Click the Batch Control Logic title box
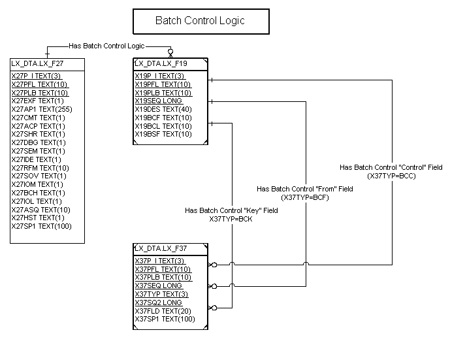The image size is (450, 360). [x=200, y=21]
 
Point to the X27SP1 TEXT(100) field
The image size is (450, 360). [x=42, y=226]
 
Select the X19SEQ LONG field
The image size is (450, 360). [x=159, y=101]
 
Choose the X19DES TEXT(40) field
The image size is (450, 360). [x=163, y=109]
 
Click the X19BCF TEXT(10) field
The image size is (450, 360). [x=163, y=118]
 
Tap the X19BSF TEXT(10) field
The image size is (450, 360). [x=163, y=134]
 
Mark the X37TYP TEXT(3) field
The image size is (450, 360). [x=160, y=294]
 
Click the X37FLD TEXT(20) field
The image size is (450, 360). [x=163, y=310]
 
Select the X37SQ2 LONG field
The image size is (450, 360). [x=159, y=303]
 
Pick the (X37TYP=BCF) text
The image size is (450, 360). [x=304, y=197]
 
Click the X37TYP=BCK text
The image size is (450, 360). [x=231, y=219]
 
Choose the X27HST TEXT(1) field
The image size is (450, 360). [x=39, y=218]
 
